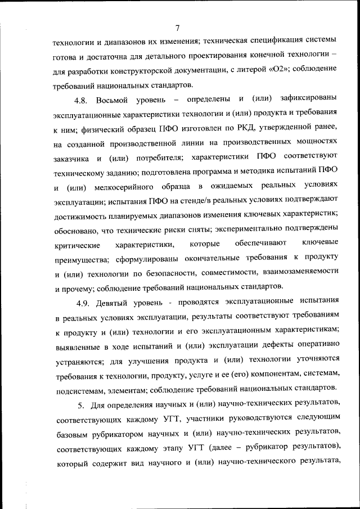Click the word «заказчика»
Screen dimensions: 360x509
tap(71, 158)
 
